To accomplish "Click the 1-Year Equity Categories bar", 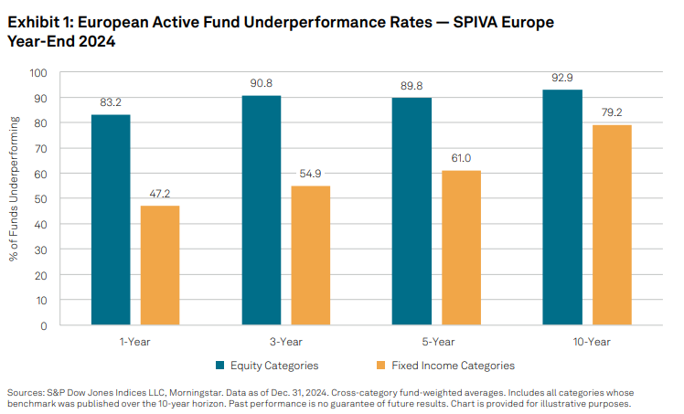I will (111, 219).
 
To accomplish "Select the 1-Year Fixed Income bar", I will (161, 265).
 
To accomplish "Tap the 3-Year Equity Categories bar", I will (262, 210).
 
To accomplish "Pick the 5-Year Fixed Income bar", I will (462, 247).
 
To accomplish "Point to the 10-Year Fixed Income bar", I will (612, 224).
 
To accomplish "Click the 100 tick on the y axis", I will (37, 72).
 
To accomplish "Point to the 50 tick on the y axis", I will (40, 198).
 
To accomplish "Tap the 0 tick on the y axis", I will (43, 324).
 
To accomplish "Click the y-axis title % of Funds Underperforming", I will (13, 198).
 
